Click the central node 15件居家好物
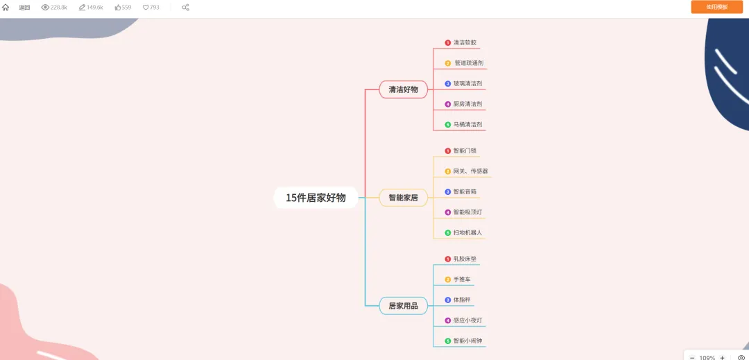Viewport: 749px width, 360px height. point(316,198)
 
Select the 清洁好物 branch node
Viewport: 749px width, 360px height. point(403,89)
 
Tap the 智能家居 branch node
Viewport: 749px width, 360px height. point(403,198)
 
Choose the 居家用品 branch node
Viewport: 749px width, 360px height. point(403,306)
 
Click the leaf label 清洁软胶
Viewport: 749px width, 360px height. point(465,42)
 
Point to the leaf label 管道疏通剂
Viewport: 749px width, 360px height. point(469,63)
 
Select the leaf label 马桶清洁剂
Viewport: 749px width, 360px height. point(467,125)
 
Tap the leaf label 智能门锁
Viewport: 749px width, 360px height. point(465,151)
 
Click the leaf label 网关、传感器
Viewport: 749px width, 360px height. point(470,171)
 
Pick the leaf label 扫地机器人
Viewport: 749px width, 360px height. point(467,232)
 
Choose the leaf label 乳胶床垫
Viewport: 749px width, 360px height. point(465,259)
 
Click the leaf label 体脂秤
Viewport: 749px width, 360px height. point(462,300)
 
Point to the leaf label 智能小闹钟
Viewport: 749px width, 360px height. point(469,341)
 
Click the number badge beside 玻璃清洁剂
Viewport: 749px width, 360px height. point(448,84)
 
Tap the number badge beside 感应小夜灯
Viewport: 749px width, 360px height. point(448,320)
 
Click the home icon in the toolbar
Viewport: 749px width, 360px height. point(6,7)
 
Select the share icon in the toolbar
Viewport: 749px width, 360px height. point(185,7)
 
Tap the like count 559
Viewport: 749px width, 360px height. point(123,7)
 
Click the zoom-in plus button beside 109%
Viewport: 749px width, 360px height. point(723,357)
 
